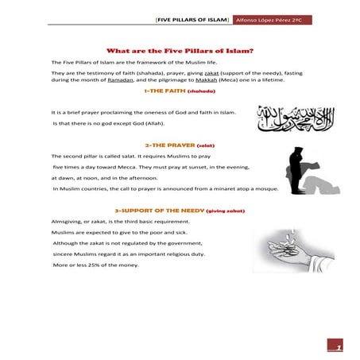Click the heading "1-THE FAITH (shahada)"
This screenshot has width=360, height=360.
point(180,91)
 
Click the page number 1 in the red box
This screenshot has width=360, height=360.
point(338,346)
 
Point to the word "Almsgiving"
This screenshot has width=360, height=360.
point(67,222)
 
